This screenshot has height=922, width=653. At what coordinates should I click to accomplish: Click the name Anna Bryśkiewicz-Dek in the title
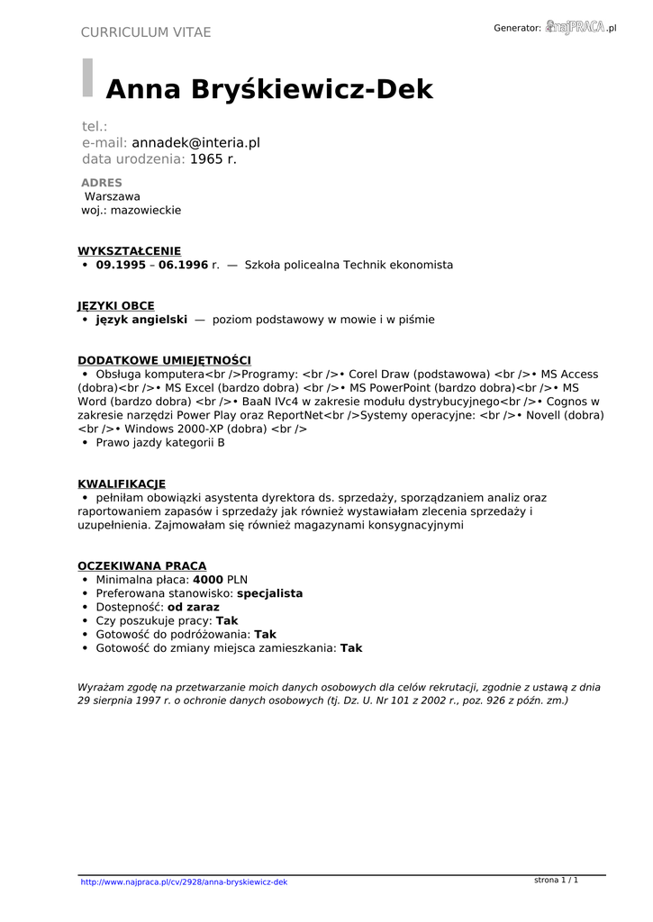tap(269, 90)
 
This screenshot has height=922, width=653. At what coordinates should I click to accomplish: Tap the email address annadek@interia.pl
tap(195, 142)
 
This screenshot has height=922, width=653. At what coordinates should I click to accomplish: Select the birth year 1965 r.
tap(213, 159)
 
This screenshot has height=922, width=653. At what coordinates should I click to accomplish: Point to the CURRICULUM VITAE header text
tap(146, 32)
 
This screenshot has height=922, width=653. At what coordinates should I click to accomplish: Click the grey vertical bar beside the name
tap(87, 77)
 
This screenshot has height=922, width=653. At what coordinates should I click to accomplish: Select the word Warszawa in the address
tap(113, 196)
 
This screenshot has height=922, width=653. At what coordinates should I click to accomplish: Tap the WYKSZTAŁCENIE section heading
tap(129, 251)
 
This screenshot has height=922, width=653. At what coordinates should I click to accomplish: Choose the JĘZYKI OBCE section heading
tap(115, 306)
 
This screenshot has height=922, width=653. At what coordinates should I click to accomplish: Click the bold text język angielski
tap(141, 320)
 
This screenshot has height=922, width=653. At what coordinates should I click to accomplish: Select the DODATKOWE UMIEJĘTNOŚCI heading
tap(164, 360)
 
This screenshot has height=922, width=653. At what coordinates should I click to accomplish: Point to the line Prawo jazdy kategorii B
tap(160, 443)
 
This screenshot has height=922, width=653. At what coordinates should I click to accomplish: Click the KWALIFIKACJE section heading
tap(122, 484)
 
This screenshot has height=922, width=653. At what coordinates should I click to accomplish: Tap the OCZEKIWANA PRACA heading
tap(141, 565)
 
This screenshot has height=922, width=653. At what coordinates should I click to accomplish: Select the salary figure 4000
tap(208, 580)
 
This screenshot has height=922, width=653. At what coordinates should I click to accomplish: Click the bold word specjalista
tap(269, 594)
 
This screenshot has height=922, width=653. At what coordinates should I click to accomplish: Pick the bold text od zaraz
tap(194, 608)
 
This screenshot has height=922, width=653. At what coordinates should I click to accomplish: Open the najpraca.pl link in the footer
tap(184, 882)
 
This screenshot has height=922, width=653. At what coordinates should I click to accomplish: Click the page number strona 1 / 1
tap(556, 880)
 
